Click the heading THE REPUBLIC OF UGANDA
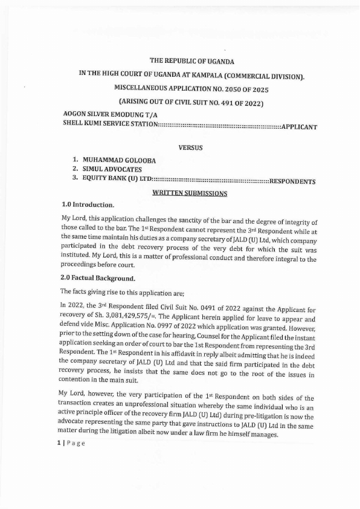(x=191, y=61)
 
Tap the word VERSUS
(x=191, y=147)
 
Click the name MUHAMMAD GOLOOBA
(x=119, y=160)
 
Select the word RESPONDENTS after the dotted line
(x=292, y=181)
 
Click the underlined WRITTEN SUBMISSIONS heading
(x=190, y=193)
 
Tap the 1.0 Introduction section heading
(x=88, y=204)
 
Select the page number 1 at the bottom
(x=59, y=443)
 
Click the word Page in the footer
(x=76, y=443)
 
